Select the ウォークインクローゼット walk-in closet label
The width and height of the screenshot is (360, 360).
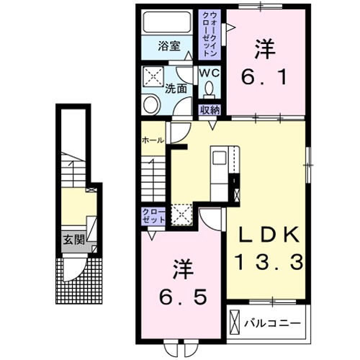(211, 34)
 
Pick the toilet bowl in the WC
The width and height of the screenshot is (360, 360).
(209, 90)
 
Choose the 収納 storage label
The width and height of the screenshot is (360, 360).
(210, 110)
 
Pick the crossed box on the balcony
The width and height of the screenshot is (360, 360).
(236, 320)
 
